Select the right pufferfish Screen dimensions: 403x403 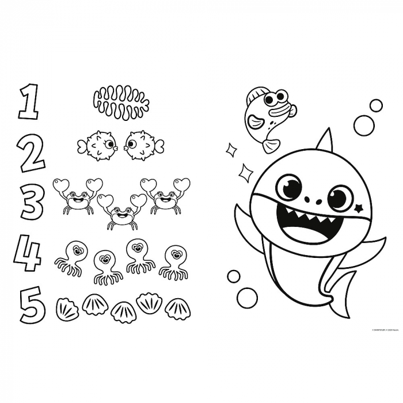click(x=140, y=146)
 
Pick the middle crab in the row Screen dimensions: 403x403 click(x=121, y=212)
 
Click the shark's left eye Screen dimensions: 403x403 click(x=288, y=187)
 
